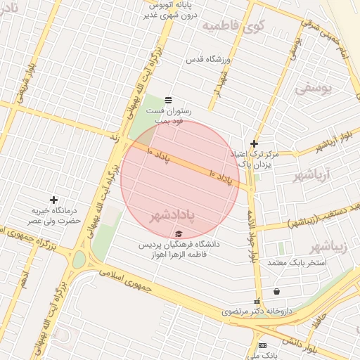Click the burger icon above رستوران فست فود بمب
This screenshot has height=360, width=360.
click(x=167, y=100)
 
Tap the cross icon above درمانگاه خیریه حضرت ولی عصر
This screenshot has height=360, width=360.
click(x=53, y=200)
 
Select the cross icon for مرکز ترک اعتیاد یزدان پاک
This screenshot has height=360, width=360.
click(x=255, y=143)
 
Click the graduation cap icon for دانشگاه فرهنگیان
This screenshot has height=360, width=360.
click(x=179, y=233)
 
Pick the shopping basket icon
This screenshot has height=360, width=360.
click(x=276, y=291)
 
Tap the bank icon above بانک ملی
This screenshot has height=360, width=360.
click(x=262, y=345)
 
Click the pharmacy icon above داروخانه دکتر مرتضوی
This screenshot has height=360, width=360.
click(x=257, y=301)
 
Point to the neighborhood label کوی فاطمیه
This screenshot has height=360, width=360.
click(x=232, y=27)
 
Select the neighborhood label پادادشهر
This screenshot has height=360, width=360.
click(x=172, y=214)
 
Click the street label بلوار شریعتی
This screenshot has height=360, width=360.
click(x=22, y=88)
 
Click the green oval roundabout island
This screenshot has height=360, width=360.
click(x=79, y=259)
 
